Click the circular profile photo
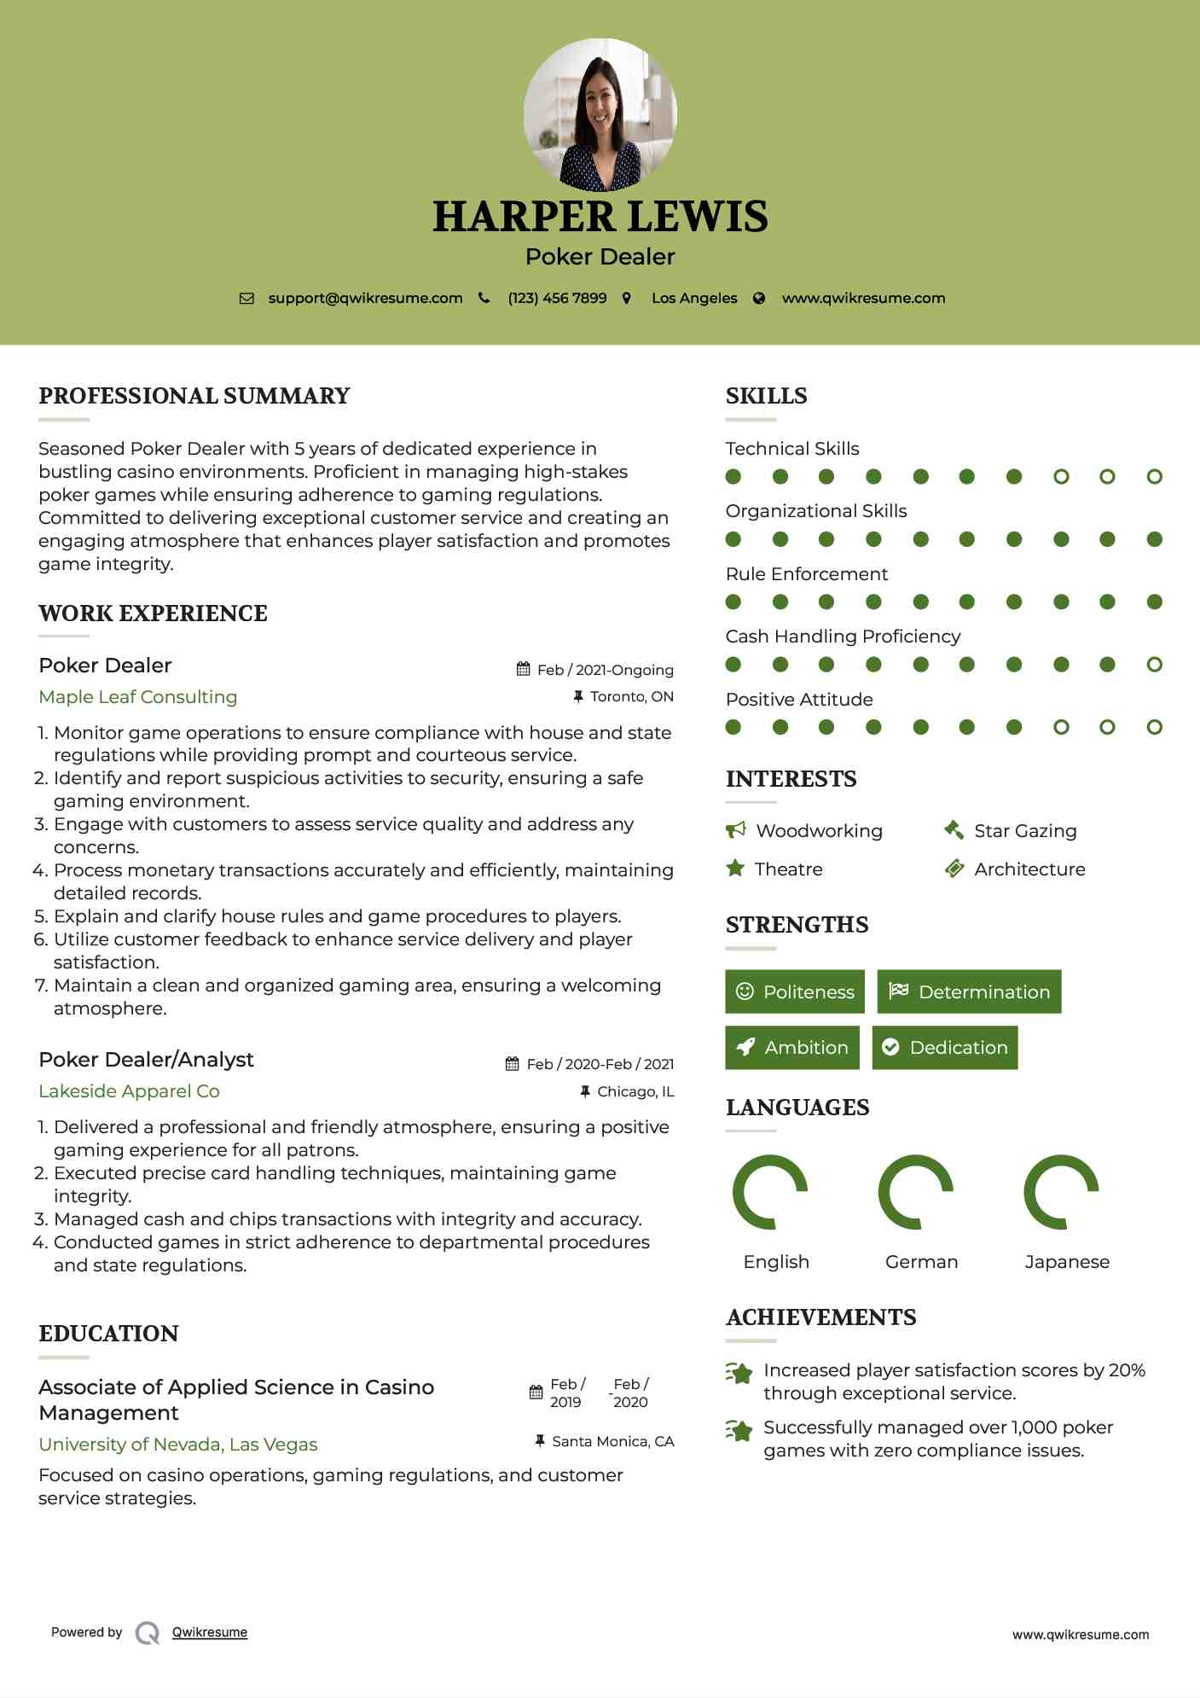(x=600, y=114)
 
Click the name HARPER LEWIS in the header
(x=600, y=217)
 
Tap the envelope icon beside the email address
(x=246, y=299)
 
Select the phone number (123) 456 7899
(x=557, y=299)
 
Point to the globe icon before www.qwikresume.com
(x=759, y=299)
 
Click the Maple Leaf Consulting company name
(x=138, y=697)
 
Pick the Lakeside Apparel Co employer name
(x=129, y=1091)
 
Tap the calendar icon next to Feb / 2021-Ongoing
(x=524, y=670)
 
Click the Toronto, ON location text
(x=632, y=697)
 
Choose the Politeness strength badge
(x=795, y=991)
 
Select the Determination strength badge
(x=969, y=991)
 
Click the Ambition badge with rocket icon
(x=792, y=1048)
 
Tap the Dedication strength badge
(x=945, y=1048)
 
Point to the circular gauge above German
(x=916, y=1192)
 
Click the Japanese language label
(x=1067, y=1262)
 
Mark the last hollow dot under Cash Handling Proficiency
(x=1155, y=665)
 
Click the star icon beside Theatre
(x=735, y=869)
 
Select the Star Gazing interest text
(x=1025, y=831)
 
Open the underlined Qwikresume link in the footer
(x=210, y=1632)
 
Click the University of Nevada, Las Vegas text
(x=178, y=1445)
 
